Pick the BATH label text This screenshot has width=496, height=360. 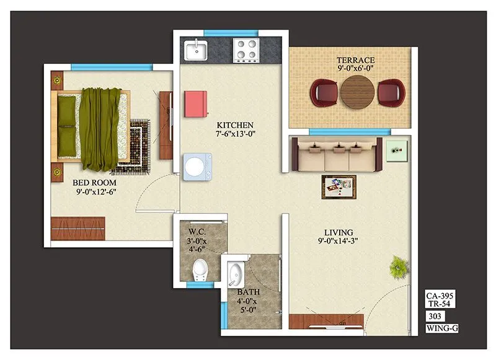(x=247, y=291)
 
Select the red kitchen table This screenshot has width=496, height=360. (x=195, y=103)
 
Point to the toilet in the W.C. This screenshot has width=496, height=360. (x=200, y=270)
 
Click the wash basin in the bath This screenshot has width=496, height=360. (x=235, y=272)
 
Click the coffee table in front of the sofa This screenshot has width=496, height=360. (x=339, y=187)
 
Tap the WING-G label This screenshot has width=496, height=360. (x=442, y=328)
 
